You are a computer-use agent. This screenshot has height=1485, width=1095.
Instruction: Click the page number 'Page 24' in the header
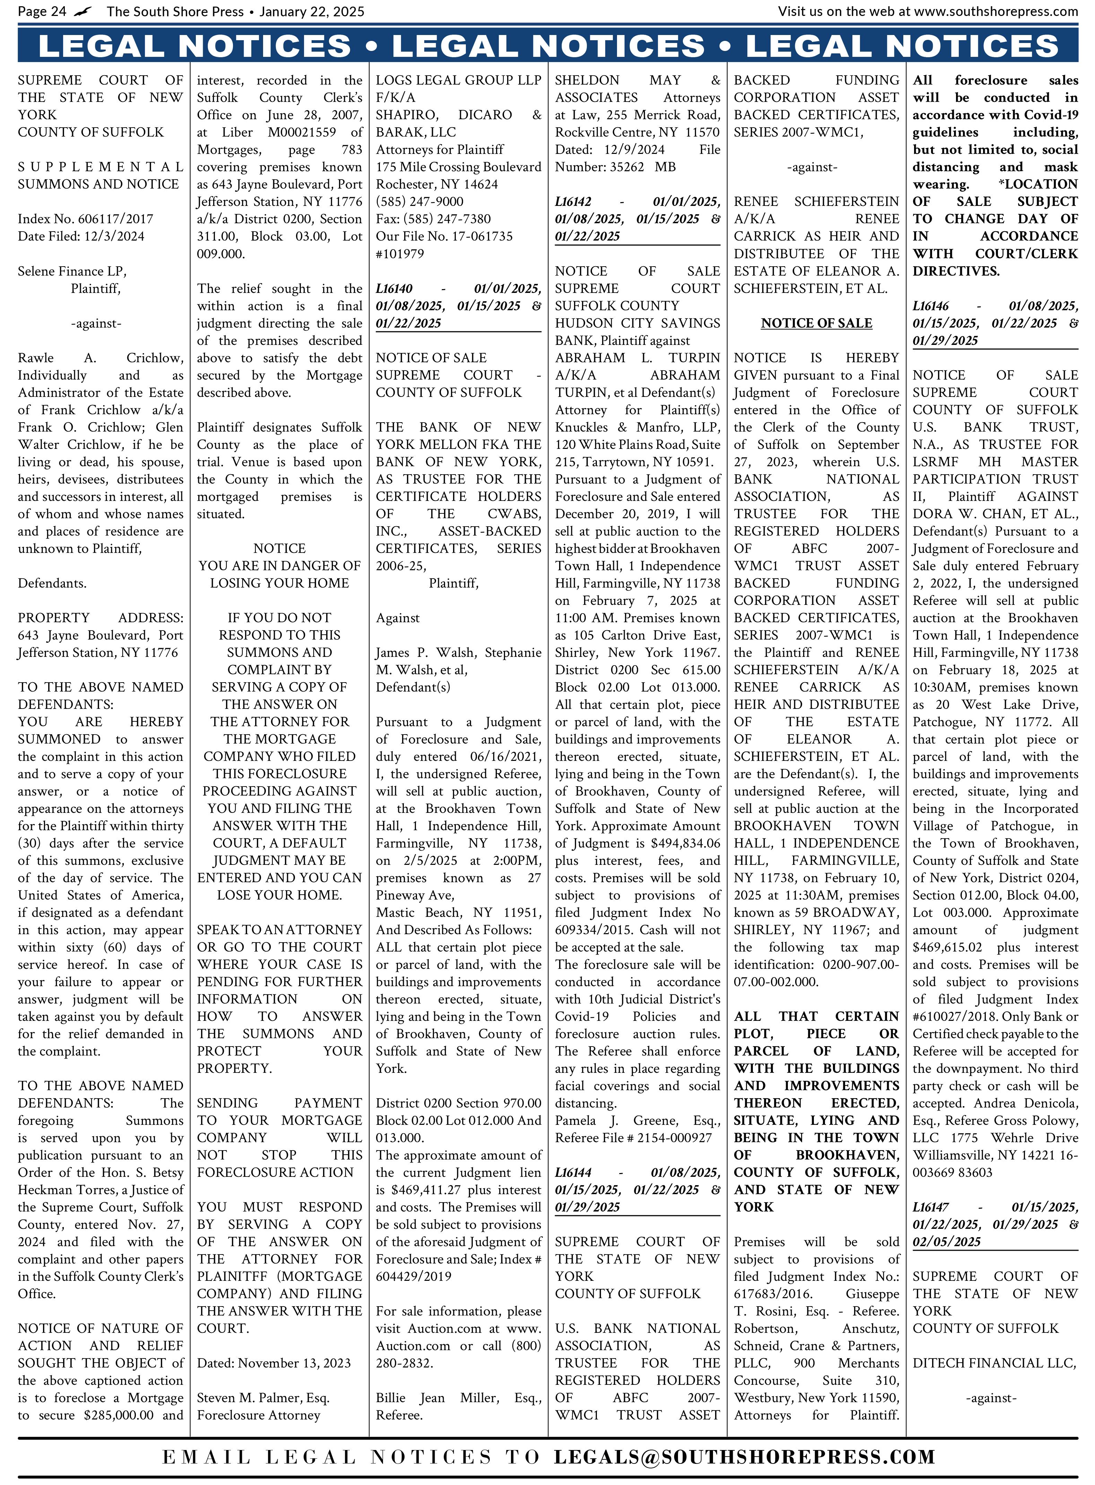[x=42, y=11]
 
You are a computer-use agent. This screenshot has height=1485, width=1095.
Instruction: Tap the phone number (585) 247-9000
[x=419, y=201]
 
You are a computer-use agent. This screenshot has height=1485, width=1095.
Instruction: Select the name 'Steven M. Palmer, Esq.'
[x=263, y=1398]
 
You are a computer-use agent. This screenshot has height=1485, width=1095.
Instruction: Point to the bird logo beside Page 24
[x=84, y=11]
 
